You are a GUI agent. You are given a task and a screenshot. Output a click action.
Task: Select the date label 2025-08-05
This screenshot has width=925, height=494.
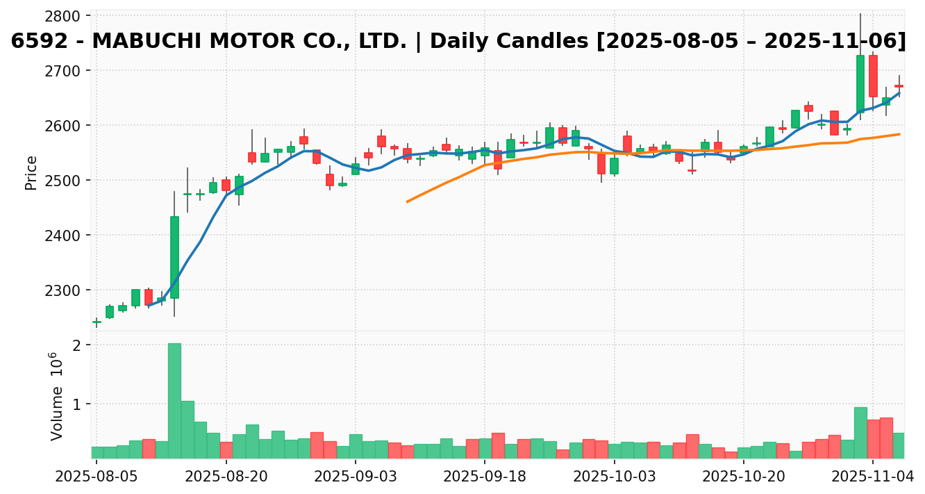pyautogui.click(x=97, y=477)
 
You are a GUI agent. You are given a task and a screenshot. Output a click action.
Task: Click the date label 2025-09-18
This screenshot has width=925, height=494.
pyautogui.click(x=484, y=477)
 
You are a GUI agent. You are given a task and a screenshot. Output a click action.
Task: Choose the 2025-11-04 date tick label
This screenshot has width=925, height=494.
pyautogui.click(x=873, y=477)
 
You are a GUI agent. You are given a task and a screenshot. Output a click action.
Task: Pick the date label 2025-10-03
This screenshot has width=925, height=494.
pyautogui.click(x=614, y=477)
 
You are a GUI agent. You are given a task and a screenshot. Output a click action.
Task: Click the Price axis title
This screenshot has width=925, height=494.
pyautogui.click(x=31, y=173)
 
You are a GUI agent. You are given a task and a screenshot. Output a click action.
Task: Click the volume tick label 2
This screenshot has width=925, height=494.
pyautogui.click(x=77, y=345)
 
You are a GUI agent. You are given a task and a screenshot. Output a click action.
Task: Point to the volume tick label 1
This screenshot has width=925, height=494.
pyautogui.click(x=77, y=404)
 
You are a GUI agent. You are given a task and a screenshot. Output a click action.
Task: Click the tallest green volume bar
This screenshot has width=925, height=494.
pyautogui.click(x=174, y=401)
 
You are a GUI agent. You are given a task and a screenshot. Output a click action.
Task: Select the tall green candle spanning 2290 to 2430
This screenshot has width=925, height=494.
pyautogui.click(x=174, y=257)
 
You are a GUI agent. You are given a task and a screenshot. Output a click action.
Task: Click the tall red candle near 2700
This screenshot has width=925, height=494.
pyautogui.click(x=873, y=76)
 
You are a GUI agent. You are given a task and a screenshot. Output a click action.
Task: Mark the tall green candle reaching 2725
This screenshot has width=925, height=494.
pyautogui.click(x=860, y=83)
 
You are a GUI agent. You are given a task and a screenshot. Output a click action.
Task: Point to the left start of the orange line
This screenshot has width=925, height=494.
pyautogui.click(x=407, y=201)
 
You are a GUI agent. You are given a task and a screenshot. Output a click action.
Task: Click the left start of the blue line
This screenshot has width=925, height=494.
pyautogui.click(x=149, y=305)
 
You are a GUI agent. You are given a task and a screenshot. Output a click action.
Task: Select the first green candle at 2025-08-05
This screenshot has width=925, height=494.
pyautogui.click(x=97, y=322)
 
